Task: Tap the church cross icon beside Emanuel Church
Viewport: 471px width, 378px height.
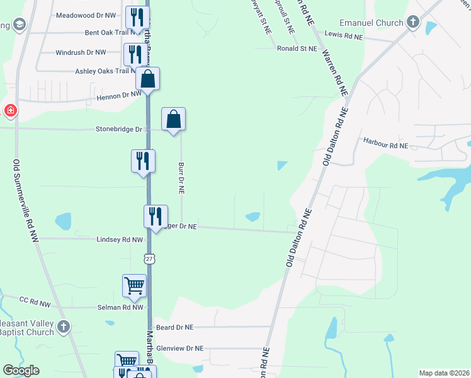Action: (x=412, y=23)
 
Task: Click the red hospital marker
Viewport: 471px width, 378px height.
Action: (x=11, y=112)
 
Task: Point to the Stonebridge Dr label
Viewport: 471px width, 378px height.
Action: (x=119, y=129)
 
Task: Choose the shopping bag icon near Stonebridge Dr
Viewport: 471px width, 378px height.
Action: (x=174, y=118)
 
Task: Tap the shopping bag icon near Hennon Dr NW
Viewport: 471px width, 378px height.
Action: (x=147, y=79)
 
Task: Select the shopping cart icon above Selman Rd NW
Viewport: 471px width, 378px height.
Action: (x=135, y=285)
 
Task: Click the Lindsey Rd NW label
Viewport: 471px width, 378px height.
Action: (x=120, y=239)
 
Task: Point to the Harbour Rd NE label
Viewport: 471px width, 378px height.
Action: (x=386, y=146)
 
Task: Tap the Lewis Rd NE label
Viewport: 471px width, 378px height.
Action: (x=344, y=36)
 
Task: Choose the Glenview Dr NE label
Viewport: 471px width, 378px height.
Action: (x=180, y=348)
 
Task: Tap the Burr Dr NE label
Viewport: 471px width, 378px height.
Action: (x=181, y=178)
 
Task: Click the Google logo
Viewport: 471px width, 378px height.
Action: (x=21, y=370)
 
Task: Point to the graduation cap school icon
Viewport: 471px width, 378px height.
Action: (x=19, y=25)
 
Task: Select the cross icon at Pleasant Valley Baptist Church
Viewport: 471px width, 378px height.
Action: (x=63, y=326)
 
